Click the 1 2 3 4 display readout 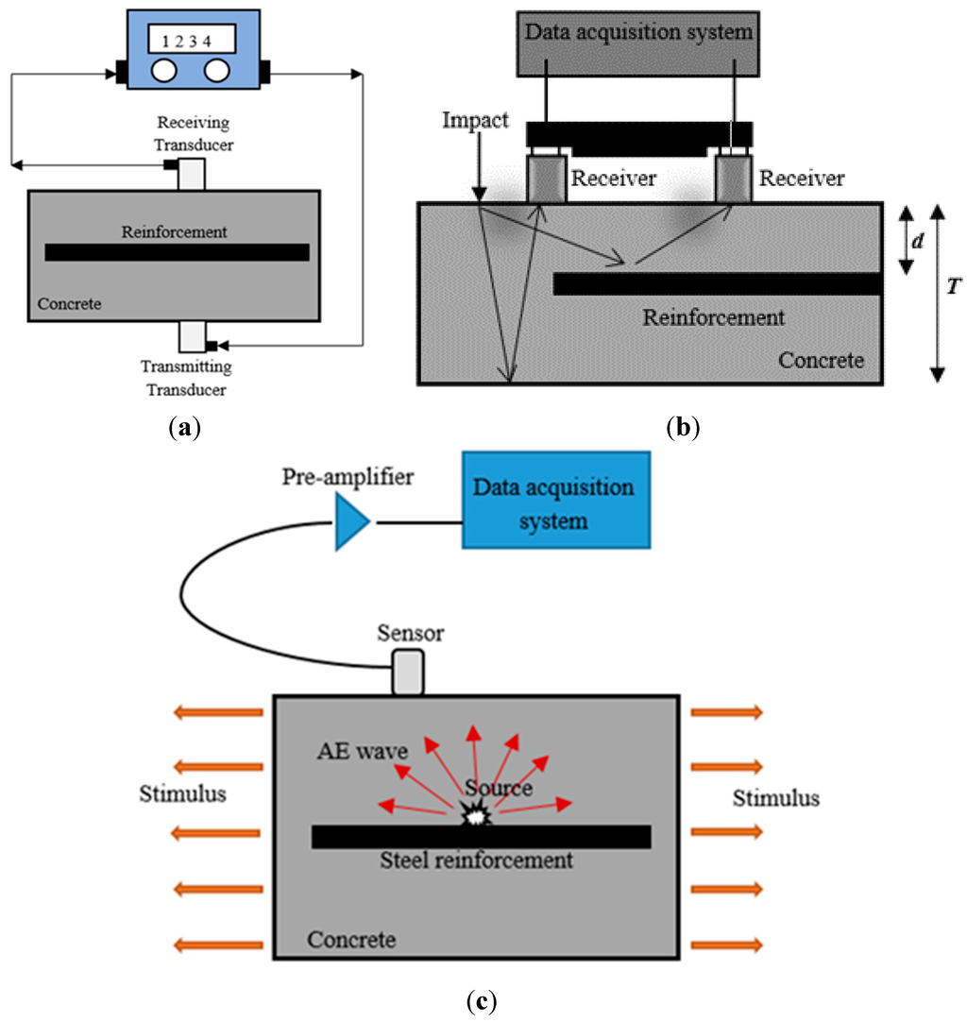coord(192,39)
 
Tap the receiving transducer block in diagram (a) coord(192,174)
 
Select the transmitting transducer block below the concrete coord(193,336)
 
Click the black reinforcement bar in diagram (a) coord(177,252)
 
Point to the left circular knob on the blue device coord(163,71)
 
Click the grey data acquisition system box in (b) coord(638,43)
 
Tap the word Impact coord(475,121)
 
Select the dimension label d coord(918,241)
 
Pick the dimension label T coord(954,285)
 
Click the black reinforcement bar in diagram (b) coord(718,284)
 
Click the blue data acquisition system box coord(556,500)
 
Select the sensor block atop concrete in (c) coord(408,672)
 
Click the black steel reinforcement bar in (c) coord(481,837)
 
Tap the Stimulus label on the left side coord(183,793)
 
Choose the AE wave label coord(363,751)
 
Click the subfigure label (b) coord(683,428)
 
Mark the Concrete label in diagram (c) coord(351,939)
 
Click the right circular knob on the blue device coord(217,71)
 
